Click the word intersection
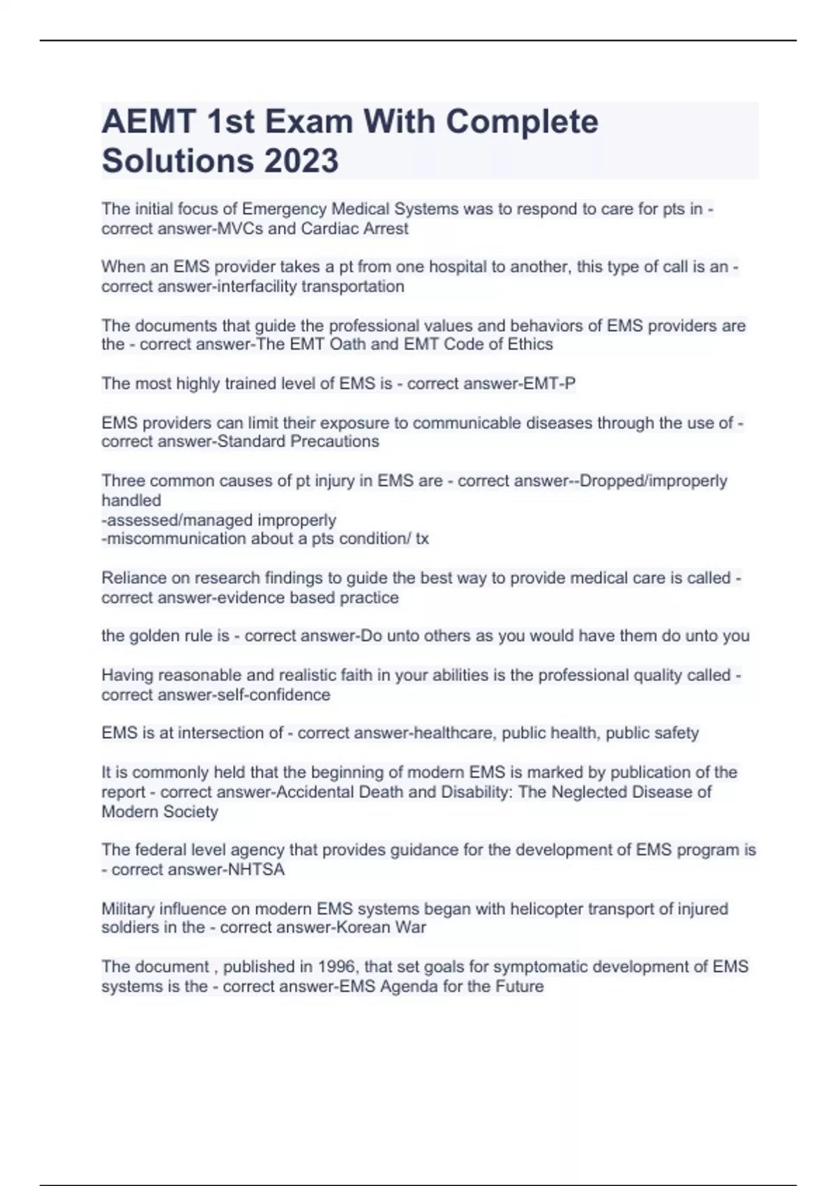click(x=221, y=733)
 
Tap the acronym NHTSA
click(x=256, y=870)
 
